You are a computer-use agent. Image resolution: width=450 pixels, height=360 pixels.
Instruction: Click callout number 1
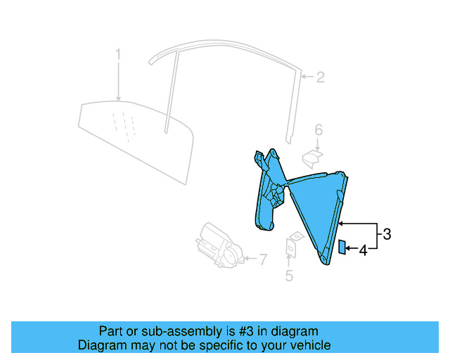(x=118, y=53)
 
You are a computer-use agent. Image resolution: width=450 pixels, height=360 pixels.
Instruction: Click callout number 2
(x=320, y=77)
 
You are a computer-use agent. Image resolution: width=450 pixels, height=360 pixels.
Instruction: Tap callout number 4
(x=364, y=250)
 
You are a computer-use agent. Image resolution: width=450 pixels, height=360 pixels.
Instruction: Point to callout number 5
(x=289, y=276)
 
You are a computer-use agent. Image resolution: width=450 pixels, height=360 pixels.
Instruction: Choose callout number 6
(x=318, y=129)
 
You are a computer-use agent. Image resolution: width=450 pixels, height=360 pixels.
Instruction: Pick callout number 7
(x=263, y=260)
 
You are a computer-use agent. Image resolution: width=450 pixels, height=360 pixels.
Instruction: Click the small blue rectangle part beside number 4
(x=342, y=246)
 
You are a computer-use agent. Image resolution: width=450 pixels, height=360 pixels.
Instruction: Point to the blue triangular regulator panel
(x=316, y=211)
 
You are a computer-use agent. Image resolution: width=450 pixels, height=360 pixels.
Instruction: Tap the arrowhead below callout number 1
(x=118, y=99)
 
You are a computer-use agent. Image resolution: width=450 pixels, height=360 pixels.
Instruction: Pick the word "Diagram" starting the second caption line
(x=100, y=345)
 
